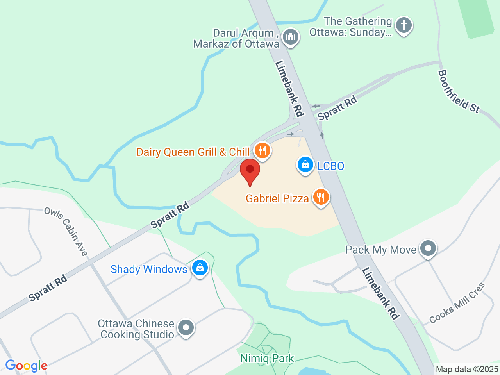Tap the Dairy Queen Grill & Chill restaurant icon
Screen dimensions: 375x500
(262, 150)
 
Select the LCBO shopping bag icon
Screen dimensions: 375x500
(305, 165)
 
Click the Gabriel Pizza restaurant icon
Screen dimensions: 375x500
(321, 197)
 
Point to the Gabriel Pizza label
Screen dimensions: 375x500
(277, 198)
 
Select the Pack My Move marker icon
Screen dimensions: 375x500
(428, 248)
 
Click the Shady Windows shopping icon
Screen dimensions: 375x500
(200, 268)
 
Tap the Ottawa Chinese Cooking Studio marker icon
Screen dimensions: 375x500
(186, 328)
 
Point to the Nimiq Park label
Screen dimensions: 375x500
(267, 358)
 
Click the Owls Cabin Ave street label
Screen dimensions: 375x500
(66, 232)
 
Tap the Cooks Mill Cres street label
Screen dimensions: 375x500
(457, 303)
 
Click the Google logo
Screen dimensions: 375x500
(26, 366)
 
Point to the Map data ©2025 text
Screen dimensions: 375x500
(467, 369)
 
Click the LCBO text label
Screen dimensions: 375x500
(330, 166)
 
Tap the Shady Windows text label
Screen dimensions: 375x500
(149, 269)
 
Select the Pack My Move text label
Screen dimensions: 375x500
(381, 250)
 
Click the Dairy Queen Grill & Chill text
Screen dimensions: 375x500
(193, 152)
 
